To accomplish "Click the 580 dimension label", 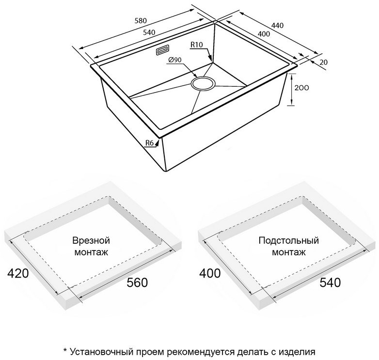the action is [x=141, y=20].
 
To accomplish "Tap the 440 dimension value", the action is [x=277, y=25].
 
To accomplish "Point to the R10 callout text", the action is [x=197, y=45].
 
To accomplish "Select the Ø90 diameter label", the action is [x=175, y=60].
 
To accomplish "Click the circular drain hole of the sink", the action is [x=203, y=84].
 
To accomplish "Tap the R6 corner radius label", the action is [x=150, y=143].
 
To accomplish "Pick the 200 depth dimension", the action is [x=301, y=88].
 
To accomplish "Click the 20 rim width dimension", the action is [x=324, y=63].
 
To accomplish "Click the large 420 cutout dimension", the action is [x=18, y=273].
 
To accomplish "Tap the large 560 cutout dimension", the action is [x=137, y=282].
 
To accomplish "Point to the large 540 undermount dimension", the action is [x=330, y=282].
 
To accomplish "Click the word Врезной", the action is [x=91, y=241].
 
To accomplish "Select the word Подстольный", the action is [x=288, y=241].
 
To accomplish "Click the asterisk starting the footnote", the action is [x=64, y=350].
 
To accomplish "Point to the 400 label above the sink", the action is [x=264, y=34].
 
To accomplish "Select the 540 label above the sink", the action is [x=149, y=32].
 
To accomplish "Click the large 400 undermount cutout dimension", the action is [x=210, y=273].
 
